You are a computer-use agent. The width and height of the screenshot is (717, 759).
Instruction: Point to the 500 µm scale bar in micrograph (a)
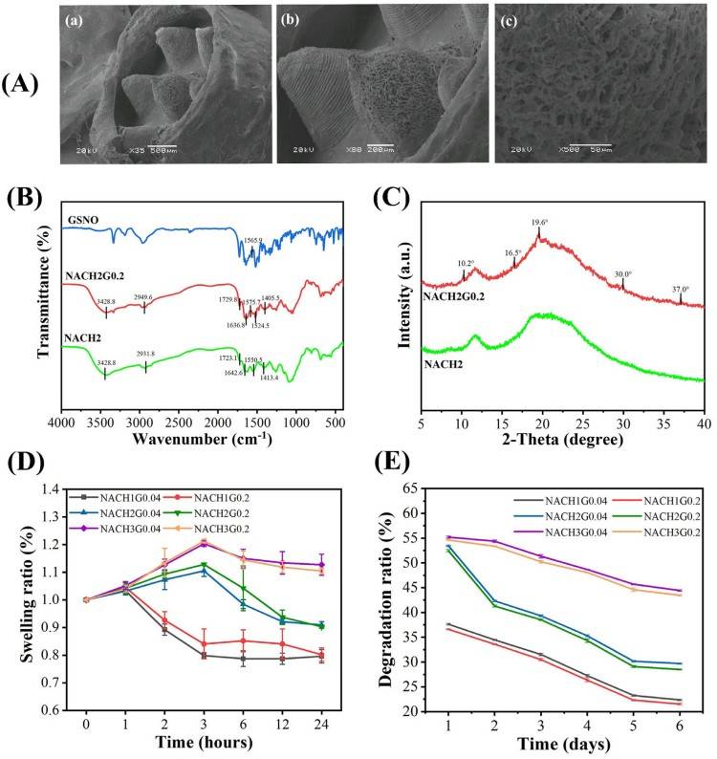pos(162,148)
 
